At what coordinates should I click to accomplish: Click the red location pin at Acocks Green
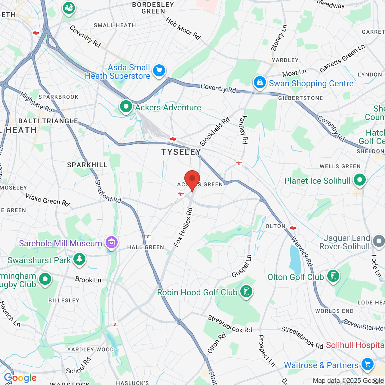(x=192, y=180)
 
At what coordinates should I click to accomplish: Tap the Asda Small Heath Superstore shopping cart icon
(x=159, y=71)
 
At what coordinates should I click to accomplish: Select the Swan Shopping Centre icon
(x=260, y=82)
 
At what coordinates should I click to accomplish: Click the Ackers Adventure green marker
(x=126, y=106)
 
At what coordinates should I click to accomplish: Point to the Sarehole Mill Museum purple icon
(x=111, y=242)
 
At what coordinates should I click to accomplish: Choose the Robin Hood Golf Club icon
(x=246, y=291)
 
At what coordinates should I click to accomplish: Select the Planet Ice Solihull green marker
(x=359, y=180)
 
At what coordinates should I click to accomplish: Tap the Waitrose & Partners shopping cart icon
(x=367, y=364)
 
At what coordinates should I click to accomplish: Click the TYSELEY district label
(x=181, y=152)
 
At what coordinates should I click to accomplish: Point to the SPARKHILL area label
(x=87, y=165)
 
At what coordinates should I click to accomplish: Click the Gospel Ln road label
(x=242, y=266)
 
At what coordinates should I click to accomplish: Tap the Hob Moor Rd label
(x=183, y=29)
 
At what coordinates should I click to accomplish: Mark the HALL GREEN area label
(x=146, y=247)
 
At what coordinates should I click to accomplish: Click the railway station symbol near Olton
(x=292, y=228)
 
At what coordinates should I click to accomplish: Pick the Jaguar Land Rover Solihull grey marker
(x=379, y=241)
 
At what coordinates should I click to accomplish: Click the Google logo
(x=20, y=378)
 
